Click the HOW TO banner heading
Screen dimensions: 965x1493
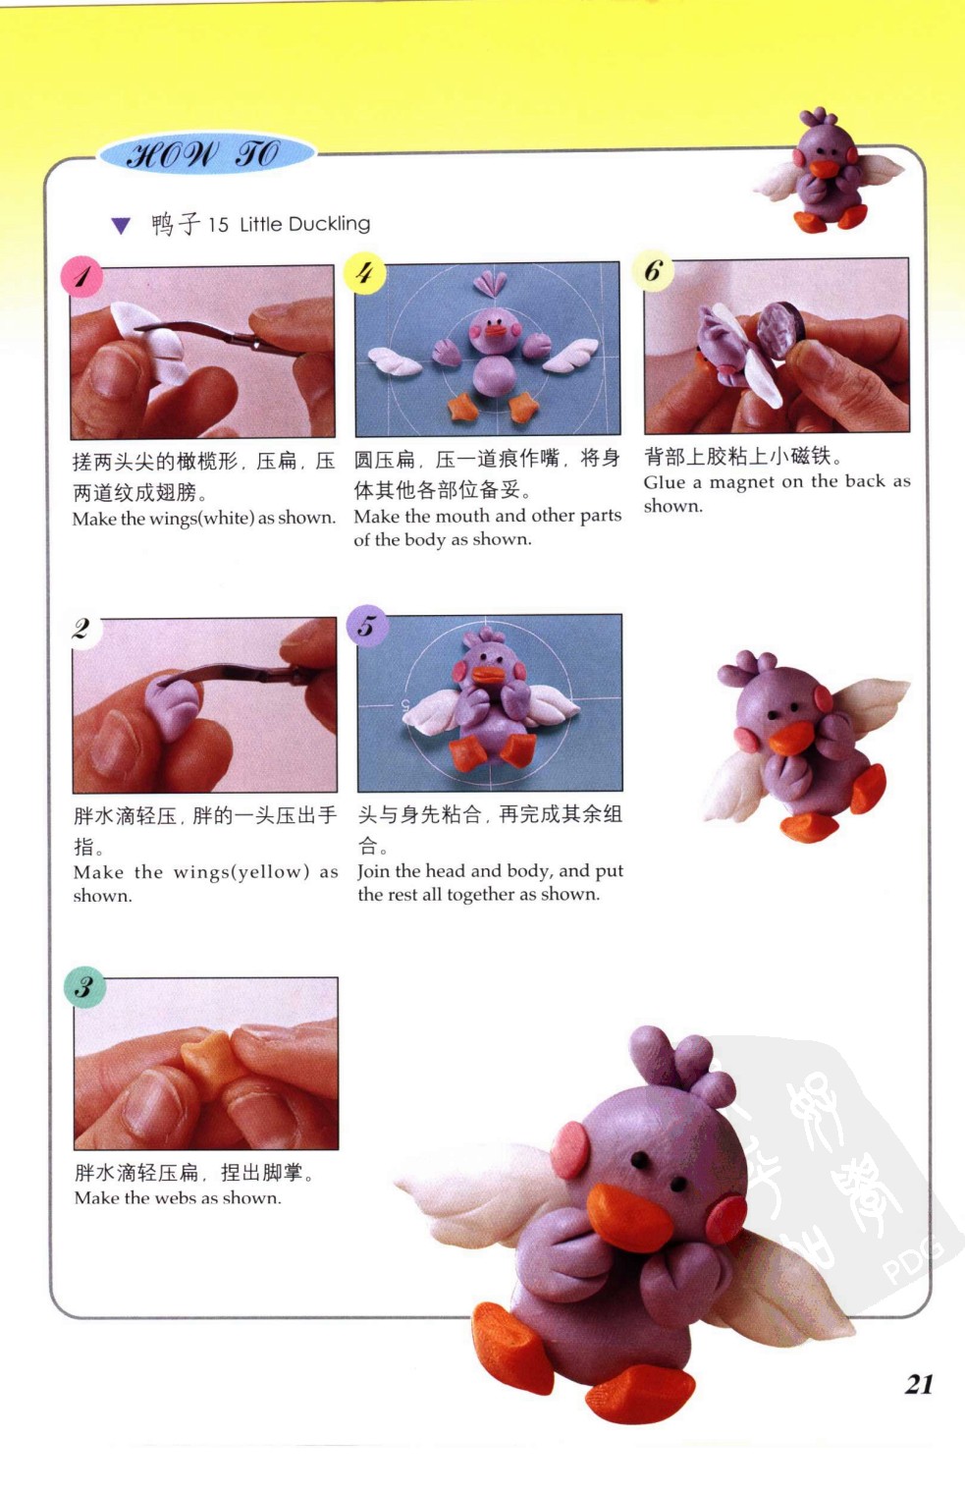point(205,154)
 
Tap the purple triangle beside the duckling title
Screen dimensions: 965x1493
point(121,226)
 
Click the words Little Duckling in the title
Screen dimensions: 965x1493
point(304,224)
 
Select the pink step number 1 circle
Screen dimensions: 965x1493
point(81,276)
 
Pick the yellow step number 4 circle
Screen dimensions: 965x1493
point(364,273)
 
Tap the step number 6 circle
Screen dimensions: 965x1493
point(653,271)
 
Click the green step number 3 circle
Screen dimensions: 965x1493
point(84,987)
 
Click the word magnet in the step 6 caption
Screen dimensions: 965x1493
point(741,482)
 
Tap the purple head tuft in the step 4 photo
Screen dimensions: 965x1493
point(490,285)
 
